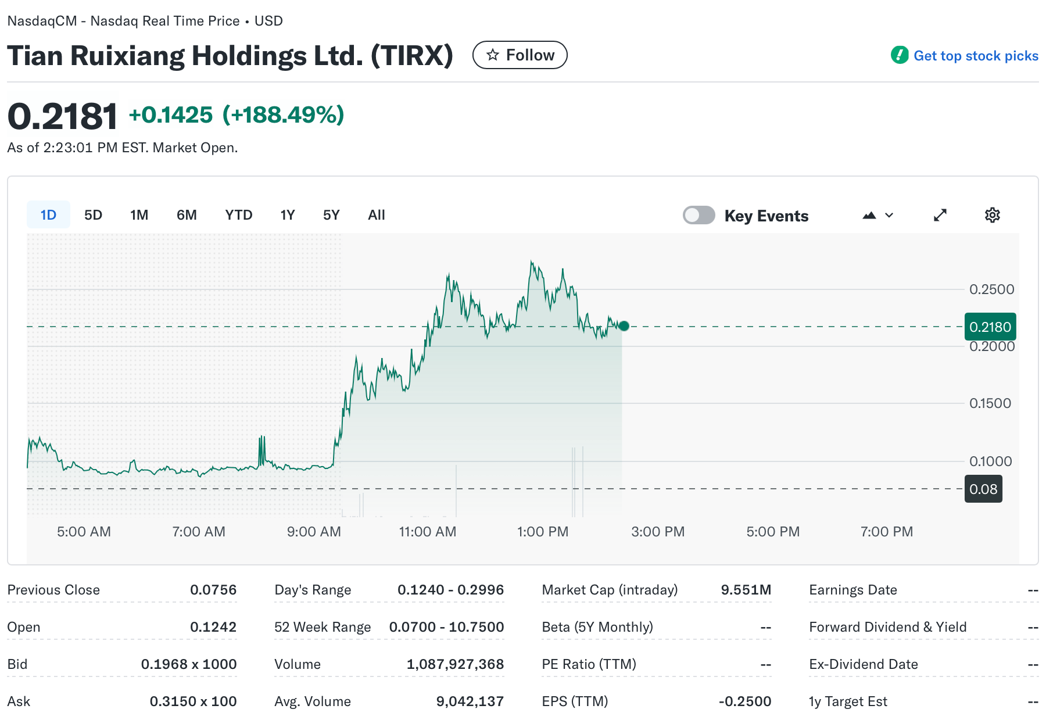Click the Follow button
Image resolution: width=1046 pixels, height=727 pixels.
click(520, 55)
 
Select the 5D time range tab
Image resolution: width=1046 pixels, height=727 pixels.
click(93, 215)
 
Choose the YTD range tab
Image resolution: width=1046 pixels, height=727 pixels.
click(238, 215)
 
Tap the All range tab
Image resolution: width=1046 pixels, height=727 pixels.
click(376, 215)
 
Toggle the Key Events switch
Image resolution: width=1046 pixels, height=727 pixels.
click(698, 215)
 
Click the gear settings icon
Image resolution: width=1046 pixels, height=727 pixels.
click(992, 215)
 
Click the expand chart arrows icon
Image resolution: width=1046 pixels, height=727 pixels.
click(940, 215)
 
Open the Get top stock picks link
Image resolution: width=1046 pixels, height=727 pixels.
click(975, 56)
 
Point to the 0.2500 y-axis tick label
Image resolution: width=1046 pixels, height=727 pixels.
click(991, 289)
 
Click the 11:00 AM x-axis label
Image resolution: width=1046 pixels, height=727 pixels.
click(427, 532)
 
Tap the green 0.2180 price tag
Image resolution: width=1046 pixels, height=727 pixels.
click(990, 327)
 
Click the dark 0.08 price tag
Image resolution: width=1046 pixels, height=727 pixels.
click(983, 489)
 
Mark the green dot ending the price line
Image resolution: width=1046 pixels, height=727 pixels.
click(624, 326)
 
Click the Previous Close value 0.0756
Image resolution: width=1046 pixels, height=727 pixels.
click(213, 590)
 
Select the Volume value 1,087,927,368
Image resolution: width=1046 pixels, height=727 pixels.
click(455, 664)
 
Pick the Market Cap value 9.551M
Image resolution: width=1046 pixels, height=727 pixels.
click(746, 590)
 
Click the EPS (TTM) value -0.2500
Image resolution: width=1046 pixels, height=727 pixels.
click(744, 701)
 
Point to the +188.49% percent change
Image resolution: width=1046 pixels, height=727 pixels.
click(284, 115)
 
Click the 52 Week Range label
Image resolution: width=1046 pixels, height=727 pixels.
click(322, 627)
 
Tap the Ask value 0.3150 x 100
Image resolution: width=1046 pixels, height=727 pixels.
click(193, 701)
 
